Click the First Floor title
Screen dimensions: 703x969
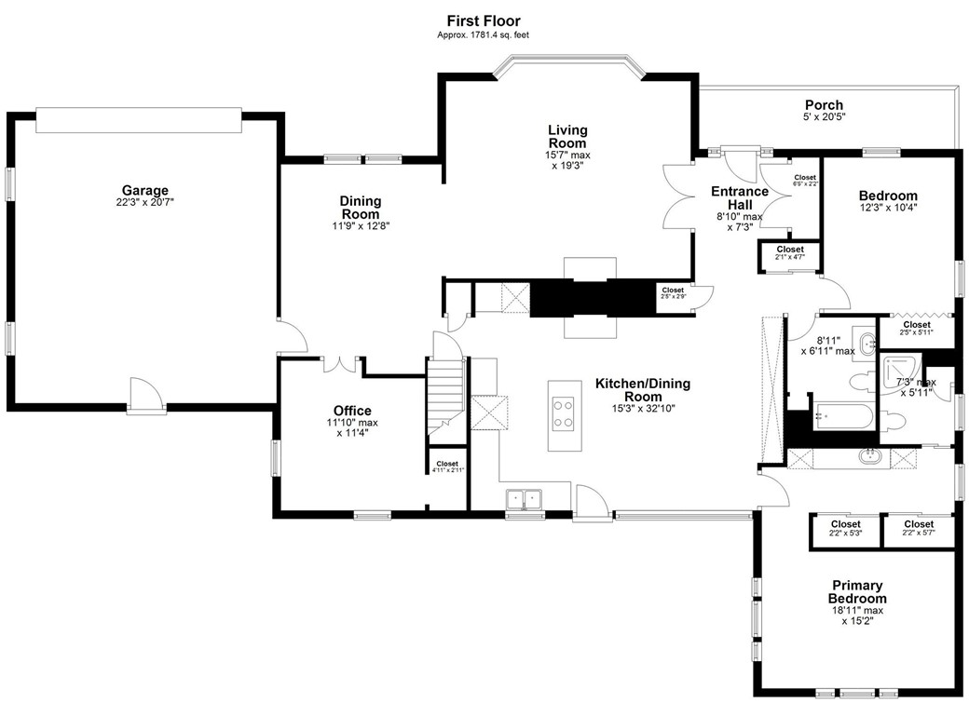pyautogui.click(x=483, y=20)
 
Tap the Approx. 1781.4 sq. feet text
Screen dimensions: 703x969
pyautogui.click(x=483, y=35)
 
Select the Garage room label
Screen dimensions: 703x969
pyautogui.click(x=143, y=190)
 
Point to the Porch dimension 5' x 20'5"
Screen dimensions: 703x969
pyautogui.click(x=824, y=117)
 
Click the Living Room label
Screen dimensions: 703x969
pyautogui.click(x=567, y=137)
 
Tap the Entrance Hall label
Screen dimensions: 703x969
pyautogui.click(x=739, y=198)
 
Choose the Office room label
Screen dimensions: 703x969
pyautogui.click(x=352, y=411)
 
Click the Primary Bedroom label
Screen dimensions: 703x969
pyautogui.click(x=857, y=592)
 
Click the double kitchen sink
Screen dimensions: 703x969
pyautogui.click(x=524, y=499)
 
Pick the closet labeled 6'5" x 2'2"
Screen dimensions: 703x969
pyautogui.click(x=804, y=181)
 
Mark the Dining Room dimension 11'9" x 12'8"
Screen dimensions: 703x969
pyautogui.click(x=360, y=224)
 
